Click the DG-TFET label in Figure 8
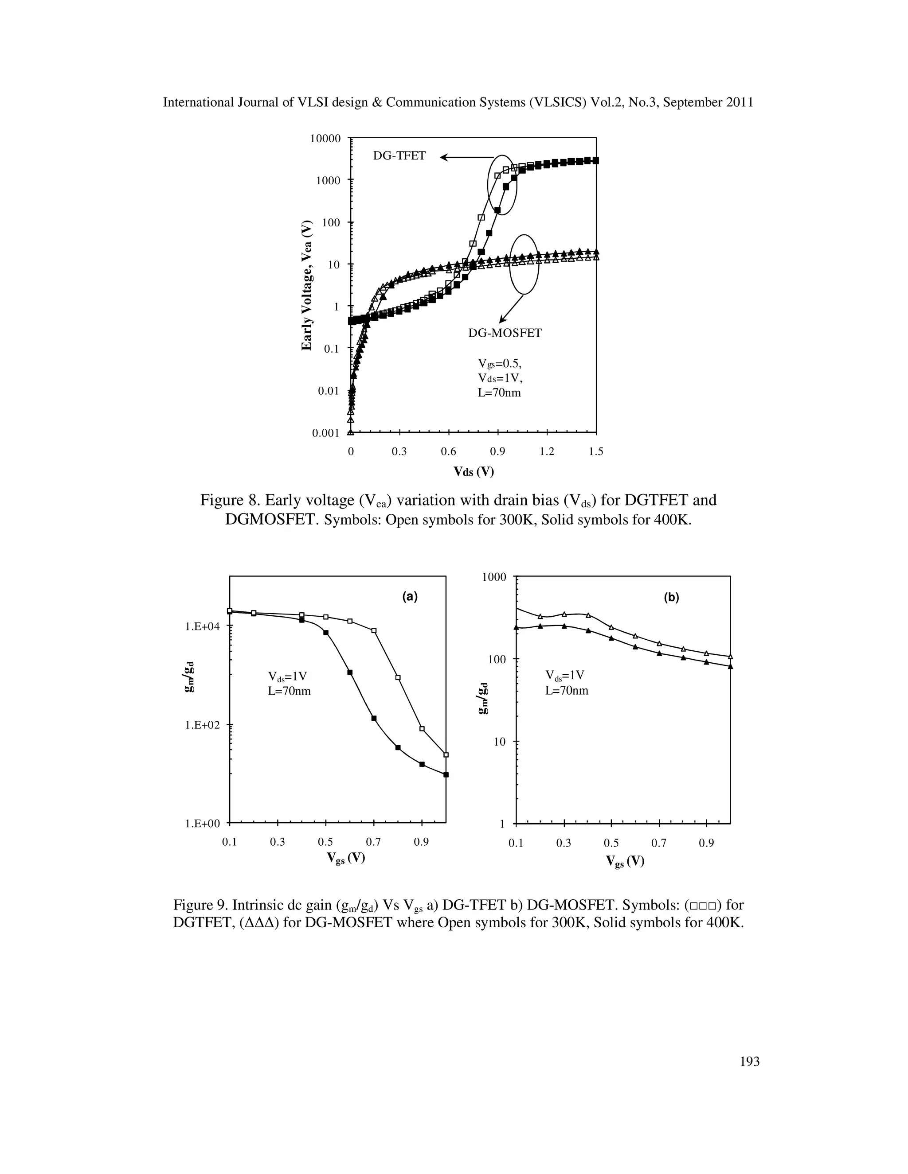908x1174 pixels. point(399,156)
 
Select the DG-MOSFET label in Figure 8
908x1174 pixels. point(505,333)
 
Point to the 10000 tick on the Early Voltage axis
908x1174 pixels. point(325,139)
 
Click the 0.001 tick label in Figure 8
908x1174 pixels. point(325,433)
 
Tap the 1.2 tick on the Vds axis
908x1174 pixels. point(547,451)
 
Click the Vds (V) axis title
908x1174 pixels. point(474,472)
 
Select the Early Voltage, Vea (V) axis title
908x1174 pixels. point(307,285)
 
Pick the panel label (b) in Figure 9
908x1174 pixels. point(671,597)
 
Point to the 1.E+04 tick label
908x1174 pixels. point(202,626)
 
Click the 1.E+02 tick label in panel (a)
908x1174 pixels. point(202,725)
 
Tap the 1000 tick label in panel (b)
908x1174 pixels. point(494,577)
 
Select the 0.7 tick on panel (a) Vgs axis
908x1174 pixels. point(373,842)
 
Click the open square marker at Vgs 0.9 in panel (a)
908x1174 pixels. point(422,729)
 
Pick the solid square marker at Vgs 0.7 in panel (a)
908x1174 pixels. point(374,718)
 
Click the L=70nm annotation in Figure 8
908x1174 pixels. point(499,393)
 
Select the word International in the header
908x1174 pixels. point(199,103)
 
